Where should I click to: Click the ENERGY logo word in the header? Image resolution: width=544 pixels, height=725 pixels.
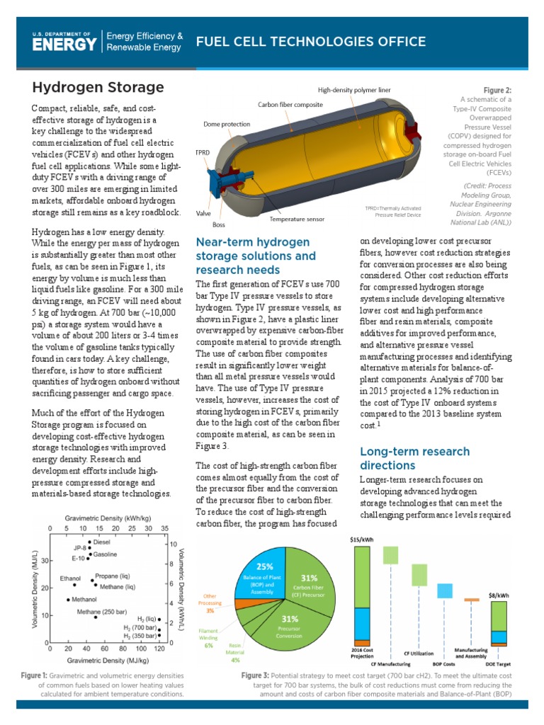64,45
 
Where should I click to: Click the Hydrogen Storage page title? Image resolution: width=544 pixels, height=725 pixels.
98,87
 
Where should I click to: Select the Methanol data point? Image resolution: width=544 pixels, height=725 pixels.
69,599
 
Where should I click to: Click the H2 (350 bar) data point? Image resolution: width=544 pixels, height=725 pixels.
160,636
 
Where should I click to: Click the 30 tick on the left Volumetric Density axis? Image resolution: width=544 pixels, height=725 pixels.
43,561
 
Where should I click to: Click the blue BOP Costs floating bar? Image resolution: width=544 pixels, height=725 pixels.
445,590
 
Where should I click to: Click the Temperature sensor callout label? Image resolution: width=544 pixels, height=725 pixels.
296,219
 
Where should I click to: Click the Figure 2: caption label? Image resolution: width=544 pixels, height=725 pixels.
497,91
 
